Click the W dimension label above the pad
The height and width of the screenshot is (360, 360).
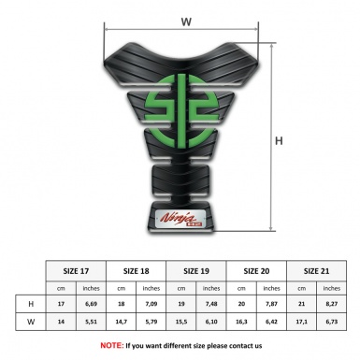pos(185,19)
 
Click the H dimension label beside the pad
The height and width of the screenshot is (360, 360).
pos(279,141)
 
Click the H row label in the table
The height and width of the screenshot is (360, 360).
pos(32,304)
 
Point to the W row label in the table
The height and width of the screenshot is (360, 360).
pos(32,323)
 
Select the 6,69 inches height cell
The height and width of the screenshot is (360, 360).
pos(91,304)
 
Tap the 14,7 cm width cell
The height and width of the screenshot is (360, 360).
pos(122,323)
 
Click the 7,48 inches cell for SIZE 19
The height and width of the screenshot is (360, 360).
pos(211,304)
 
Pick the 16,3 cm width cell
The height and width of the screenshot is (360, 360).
pos(241,323)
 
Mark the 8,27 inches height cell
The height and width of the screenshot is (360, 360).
pos(331,304)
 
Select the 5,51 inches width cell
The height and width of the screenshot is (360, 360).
pos(91,323)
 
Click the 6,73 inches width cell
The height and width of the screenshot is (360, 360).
pos(331,323)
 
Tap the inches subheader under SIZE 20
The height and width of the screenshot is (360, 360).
pos(271,287)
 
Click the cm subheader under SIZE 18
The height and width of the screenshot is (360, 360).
pos(122,287)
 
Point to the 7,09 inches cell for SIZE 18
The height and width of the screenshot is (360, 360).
pos(151,304)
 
